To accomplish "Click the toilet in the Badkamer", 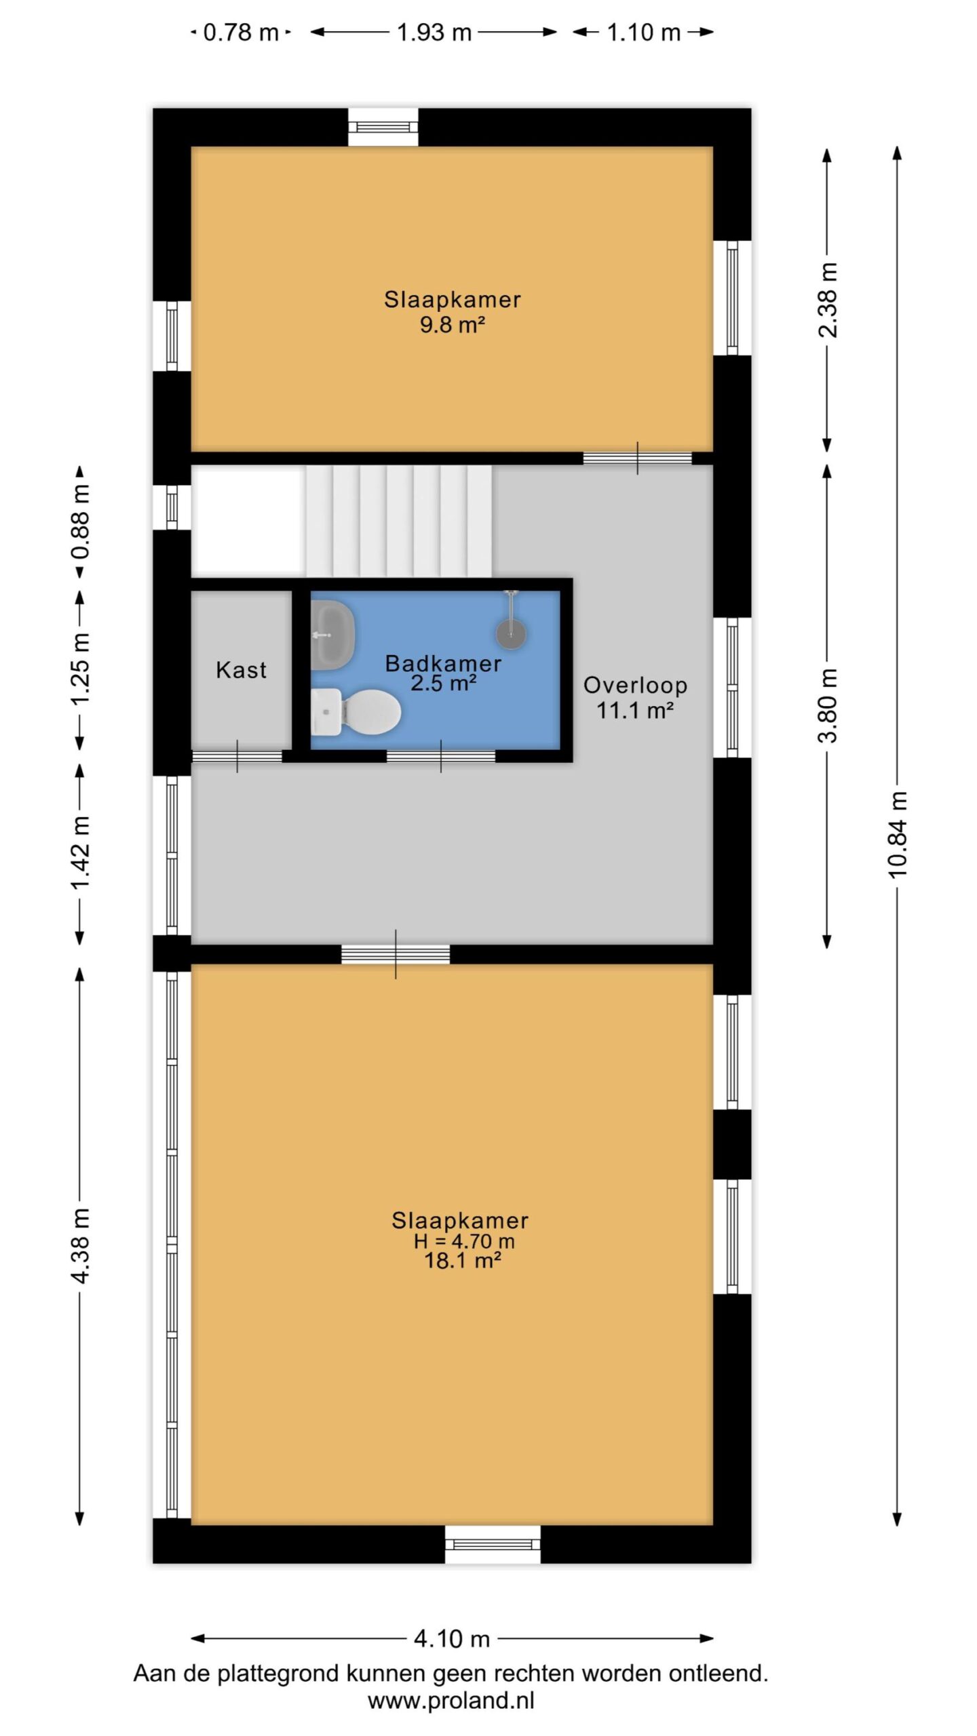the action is coord(356,711).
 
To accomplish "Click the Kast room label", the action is coord(241,670).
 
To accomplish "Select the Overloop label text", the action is coord(636,685).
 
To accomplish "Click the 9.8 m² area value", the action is coord(453,325).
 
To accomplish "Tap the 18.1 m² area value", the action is coord(463,1261).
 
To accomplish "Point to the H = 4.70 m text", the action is coord(464,1241).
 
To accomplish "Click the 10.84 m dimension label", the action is coord(897,834).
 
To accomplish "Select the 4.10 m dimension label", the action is coord(452,1639).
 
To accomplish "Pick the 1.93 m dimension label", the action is coord(434,32).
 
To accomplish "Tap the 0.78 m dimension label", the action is coord(241,32).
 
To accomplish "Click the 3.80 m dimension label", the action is coord(828,705).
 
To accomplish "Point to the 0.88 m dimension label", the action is coord(80,521).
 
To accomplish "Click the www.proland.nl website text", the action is coord(451,1700).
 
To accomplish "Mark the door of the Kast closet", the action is coord(237,756).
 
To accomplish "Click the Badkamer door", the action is coord(441,756).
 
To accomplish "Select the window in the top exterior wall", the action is coord(383,127).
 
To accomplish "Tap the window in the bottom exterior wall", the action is coord(493,1544).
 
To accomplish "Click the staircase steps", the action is coord(399,521).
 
